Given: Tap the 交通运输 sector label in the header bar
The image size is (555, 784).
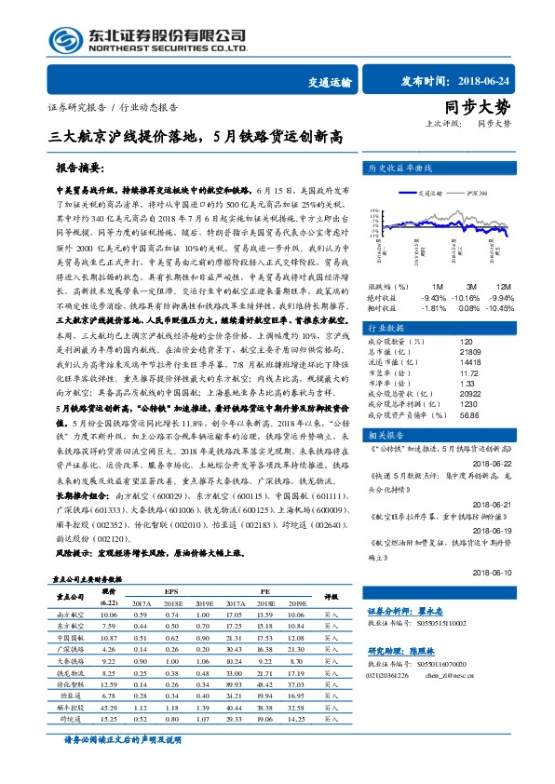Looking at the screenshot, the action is click(x=330, y=81).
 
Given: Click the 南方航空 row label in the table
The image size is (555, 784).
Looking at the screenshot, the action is click(x=71, y=615).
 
